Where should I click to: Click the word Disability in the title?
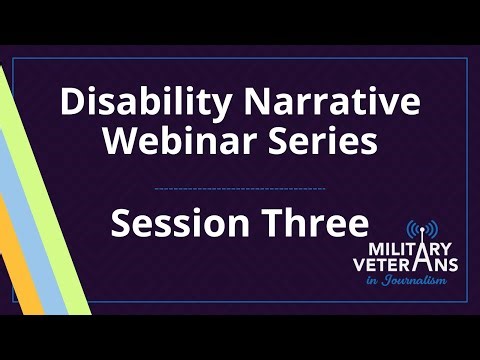click(x=124, y=103)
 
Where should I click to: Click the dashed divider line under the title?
click(x=241, y=187)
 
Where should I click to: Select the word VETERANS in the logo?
click(x=411, y=265)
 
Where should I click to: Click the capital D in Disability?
click(x=72, y=103)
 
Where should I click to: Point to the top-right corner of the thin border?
click(x=467, y=58)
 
